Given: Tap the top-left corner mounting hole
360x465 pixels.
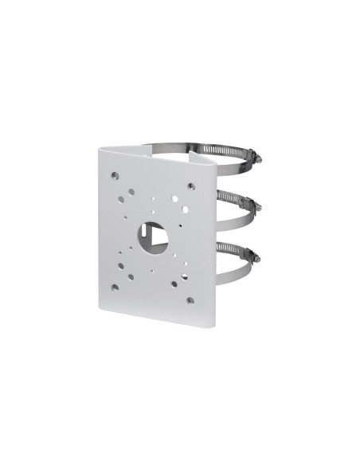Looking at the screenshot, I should pos(116,174).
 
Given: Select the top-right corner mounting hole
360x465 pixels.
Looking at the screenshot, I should pos(191,186).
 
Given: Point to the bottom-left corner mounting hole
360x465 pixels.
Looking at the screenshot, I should pos(115,287).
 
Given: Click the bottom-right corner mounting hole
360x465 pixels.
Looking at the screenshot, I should pos(190,300).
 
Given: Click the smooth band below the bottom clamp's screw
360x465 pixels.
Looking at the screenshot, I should pos(239,275).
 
